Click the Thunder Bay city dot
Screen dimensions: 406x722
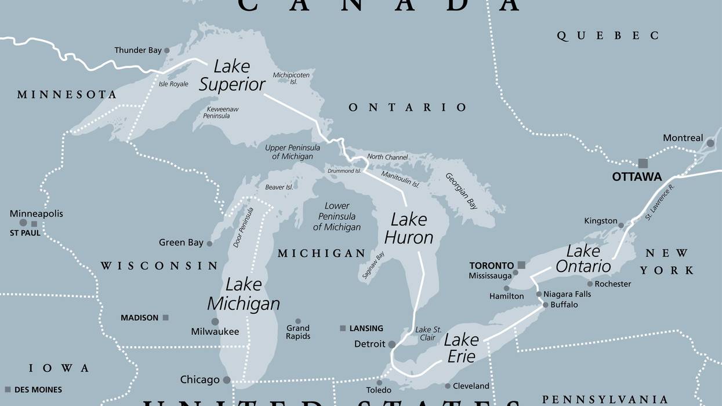[167, 50]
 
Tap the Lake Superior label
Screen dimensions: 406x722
[232, 75]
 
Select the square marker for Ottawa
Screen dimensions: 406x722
[643, 164]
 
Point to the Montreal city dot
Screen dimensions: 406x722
[710, 143]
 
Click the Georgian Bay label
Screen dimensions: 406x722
[462, 191]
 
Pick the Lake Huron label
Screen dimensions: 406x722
[409, 229]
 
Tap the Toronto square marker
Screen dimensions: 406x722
[521, 265]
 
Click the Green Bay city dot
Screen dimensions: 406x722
[209, 244]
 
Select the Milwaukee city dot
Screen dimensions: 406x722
[215, 321]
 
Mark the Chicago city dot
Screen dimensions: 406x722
[227, 380]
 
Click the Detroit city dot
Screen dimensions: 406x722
[392, 345]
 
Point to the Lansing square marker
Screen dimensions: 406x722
[343, 328]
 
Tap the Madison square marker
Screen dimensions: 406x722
[165, 318]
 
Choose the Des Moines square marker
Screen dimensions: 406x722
[8, 389]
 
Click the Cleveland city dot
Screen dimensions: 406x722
[448, 386]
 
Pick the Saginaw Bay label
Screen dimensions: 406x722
[373, 266]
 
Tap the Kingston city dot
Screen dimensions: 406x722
[621, 225]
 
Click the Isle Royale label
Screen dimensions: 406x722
[173, 84]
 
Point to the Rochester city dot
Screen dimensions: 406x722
[590, 284]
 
